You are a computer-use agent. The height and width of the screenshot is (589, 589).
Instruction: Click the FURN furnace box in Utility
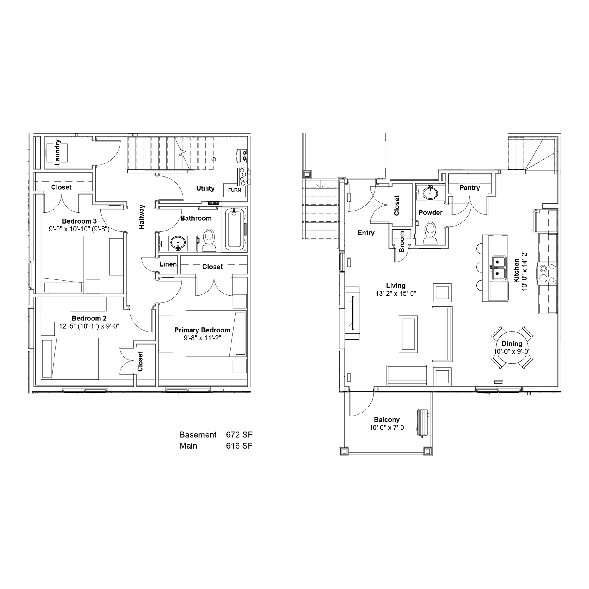pyautogui.click(x=234, y=190)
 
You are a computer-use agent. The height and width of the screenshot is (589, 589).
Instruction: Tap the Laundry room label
pyautogui.click(x=57, y=153)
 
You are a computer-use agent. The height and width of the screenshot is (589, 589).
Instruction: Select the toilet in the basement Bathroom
pyautogui.click(x=209, y=240)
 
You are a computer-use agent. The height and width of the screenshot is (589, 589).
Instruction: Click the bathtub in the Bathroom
pyautogui.click(x=234, y=229)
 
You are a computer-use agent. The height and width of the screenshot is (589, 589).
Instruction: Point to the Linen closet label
pyautogui.click(x=168, y=264)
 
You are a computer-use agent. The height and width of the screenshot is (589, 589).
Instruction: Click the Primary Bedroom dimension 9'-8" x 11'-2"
pyautogui.click(x=202, y=338)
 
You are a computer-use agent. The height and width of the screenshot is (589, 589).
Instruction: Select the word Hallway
pyautogui.click(x=142, y=217)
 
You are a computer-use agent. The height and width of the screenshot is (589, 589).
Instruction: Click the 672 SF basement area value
pyautogui.click(x=239, y=435)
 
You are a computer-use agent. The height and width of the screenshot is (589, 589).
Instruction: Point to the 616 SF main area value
pyautogui.click(x=239, y=446)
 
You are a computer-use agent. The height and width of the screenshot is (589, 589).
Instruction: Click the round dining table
pyautogui.click(x=512, y=348)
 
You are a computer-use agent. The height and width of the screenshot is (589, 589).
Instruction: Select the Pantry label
pyautogui.click(x=469, y=188)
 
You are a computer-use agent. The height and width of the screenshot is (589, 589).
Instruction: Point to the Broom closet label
pyautogui.click(x=402, y=241)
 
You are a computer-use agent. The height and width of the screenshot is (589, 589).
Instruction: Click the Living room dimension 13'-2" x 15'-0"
pyautogui.click(x=396, y=294)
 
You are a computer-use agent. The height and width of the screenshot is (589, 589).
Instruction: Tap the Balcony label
pyautogui.click(x=387, y=420)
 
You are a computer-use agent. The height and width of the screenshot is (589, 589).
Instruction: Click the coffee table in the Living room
pyautogui.click(x=408, y=334)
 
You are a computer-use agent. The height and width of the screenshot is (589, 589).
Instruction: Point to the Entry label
pyautogui.click(x=366, y=233)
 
